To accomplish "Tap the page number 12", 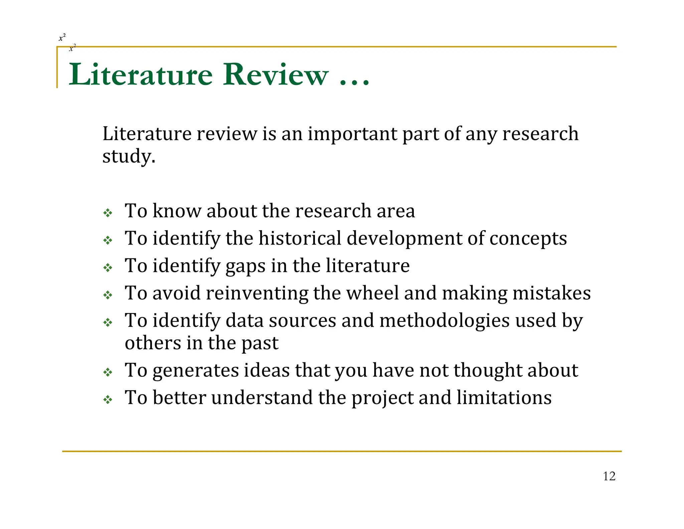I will pyautogui.click(x=609, y=476).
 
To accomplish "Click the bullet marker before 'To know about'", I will pyautogui.click(x=108, y=213).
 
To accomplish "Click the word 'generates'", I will pyautogui.click(x=195, y=371).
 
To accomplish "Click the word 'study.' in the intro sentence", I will pyautogui.click(x=129, y=156).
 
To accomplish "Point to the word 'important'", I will pyautogui.click(x=353, y=134).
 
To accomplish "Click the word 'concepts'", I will pyautogui.click(x=528, y=239).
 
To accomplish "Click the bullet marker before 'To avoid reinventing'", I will pyautogui.click(x=108, y=295).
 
